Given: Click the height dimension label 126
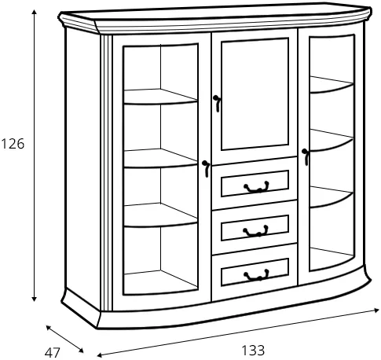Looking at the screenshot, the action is tap(13, 144).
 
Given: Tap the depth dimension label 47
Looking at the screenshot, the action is tap(53, 353).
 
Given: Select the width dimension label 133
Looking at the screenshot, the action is tap(253, 351).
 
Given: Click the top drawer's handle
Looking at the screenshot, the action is tap(256, 187).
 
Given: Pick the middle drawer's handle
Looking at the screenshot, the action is tap(255, 231).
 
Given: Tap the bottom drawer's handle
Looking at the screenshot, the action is tap(256, 275).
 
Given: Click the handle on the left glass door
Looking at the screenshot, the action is tap(206, 169).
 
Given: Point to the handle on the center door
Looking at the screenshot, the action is tap(217, 104).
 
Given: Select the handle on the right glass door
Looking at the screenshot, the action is tap(306, 157).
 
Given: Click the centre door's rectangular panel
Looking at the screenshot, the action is tap(255, 94).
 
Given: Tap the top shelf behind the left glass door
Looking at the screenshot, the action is tap(160, 97).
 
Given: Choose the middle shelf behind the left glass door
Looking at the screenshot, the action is tap(160, 159).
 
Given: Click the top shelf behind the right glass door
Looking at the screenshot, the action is tap(332, 85).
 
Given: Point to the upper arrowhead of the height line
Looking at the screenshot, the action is tap(34, 13).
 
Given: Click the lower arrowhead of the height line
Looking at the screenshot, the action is tap(34, 298).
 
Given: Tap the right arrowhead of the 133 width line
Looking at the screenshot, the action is tap(376, 310).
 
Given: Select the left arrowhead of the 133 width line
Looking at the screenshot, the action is tap(101, 355).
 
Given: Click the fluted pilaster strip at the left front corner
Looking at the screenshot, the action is tap(106, 172).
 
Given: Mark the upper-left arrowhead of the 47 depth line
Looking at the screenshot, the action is tap(49, 328).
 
